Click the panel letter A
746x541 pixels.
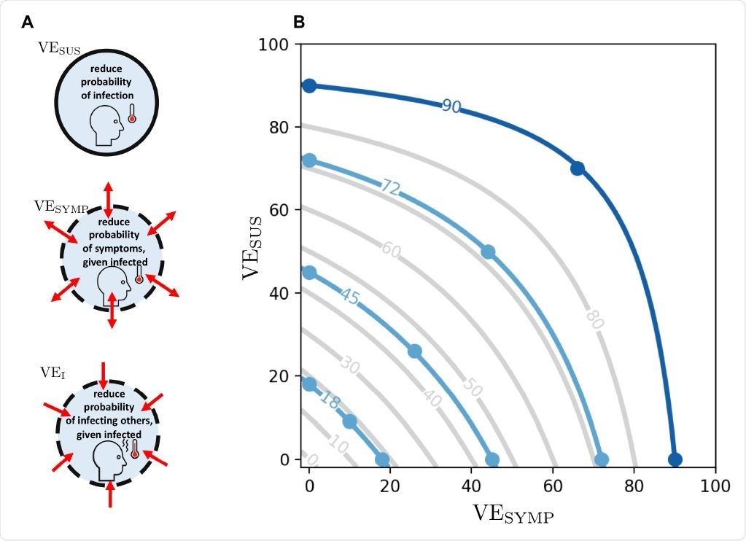tap(28, 22)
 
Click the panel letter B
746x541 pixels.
tap(298, 22)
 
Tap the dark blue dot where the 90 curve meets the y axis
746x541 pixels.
tap(309, 86)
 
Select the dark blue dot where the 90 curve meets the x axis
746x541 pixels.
tap(675, 459)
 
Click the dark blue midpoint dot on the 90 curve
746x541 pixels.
tap(577, 168)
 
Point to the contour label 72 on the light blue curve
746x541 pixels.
tap(391, 187)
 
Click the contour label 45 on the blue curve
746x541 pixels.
tap(349, 297)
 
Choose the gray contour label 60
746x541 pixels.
tap(391, 252)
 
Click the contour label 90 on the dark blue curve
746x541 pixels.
tap(451, 106)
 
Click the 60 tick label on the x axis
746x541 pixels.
tap(553, 486)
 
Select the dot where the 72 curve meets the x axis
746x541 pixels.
tap(602, 459)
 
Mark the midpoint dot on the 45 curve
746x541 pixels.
tap(415, 351)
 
